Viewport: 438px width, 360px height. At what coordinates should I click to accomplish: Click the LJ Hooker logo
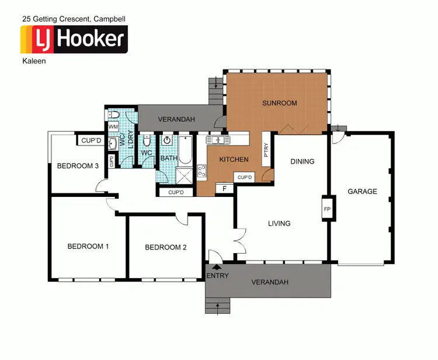click(74, 39)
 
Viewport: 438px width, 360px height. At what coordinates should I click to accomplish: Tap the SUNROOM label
click(279, 103)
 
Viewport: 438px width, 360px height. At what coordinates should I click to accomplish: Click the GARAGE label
click(362, 191)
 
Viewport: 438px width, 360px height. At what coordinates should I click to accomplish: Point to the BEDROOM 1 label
click(88, 246)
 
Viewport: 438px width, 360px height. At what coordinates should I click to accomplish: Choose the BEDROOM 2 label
click(166, 247)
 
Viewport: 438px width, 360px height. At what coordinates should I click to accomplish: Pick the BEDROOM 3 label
click(77, 166)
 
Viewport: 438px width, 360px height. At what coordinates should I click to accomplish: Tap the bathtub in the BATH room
click(185, 150)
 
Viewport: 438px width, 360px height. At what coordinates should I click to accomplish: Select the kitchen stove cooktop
click(202, 171)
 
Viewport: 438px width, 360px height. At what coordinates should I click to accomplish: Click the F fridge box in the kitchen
click(225, 189)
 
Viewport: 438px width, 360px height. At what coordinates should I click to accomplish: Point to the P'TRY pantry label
click(266, 150)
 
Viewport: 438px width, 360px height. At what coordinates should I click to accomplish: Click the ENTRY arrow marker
click(217, 268)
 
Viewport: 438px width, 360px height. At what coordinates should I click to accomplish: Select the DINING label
click(302, 162)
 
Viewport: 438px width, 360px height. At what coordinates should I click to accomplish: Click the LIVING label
click(279, 223)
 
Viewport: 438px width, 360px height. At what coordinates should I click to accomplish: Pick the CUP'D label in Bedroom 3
click(91, 140)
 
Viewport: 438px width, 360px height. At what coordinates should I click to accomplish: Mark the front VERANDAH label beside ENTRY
click(270, 282)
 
